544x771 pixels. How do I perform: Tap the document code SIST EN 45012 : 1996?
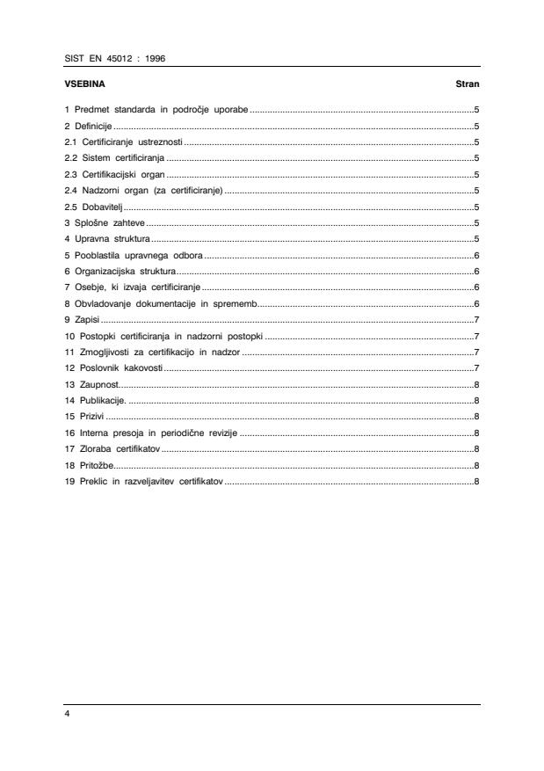(x=115, y=58)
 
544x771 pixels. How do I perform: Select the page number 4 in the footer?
(x=68, y=714)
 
